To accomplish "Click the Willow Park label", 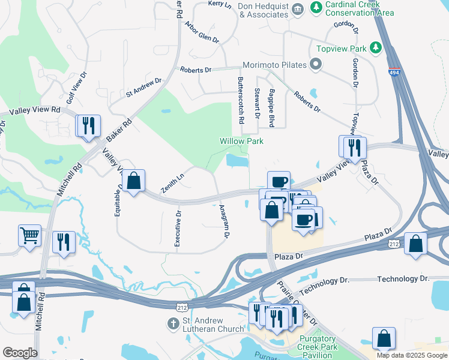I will (241, 141).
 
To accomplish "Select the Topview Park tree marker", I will (376, 47).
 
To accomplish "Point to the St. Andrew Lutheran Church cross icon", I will (172, 323).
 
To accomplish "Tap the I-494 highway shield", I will (394, 72).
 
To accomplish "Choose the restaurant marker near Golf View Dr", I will (88, 125).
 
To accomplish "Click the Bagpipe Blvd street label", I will (271, 107).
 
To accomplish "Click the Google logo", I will (20, 353).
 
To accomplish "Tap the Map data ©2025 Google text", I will (411, 355).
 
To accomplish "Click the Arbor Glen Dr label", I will (202, 32).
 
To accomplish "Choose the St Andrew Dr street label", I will (143, 87).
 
